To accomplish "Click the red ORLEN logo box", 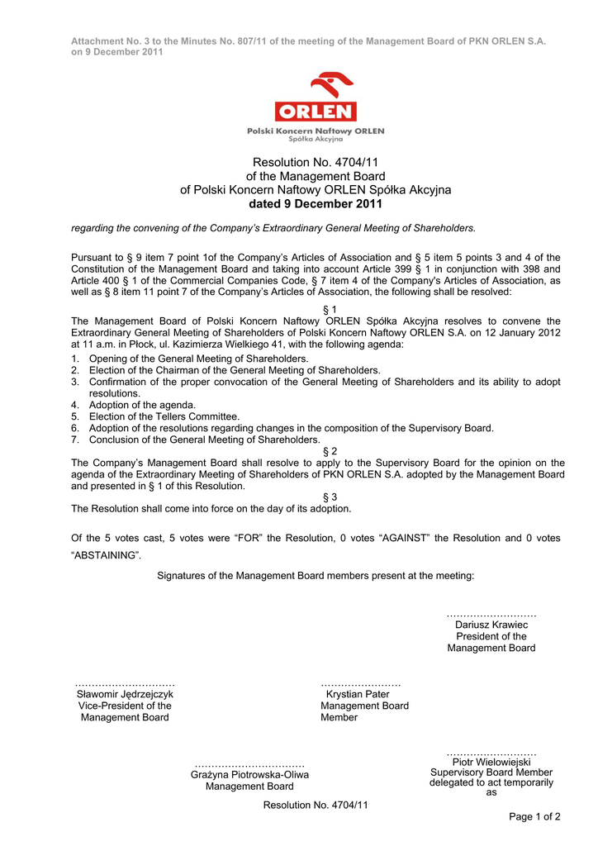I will [316, 112].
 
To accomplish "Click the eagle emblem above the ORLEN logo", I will [331, 84].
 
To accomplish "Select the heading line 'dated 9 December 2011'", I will [316, 204].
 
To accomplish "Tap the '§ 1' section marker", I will [330, 310].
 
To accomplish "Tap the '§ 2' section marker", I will [330, 451].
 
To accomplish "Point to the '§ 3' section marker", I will [330, 497].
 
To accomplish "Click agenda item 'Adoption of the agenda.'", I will [142, 405].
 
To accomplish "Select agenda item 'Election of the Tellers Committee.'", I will [164, 416].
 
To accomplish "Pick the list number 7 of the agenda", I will [74, 440].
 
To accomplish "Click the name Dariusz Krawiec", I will [491, 625].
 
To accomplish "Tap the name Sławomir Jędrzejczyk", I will [125, 694].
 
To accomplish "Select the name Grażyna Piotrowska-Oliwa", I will [249, 775].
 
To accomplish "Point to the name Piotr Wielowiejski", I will [491, 762].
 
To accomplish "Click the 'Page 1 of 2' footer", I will [534, 817].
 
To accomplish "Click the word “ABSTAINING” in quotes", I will [105, 555].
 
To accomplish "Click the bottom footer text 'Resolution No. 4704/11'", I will [316, 805].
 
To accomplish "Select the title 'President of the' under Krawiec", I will [491, 636].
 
